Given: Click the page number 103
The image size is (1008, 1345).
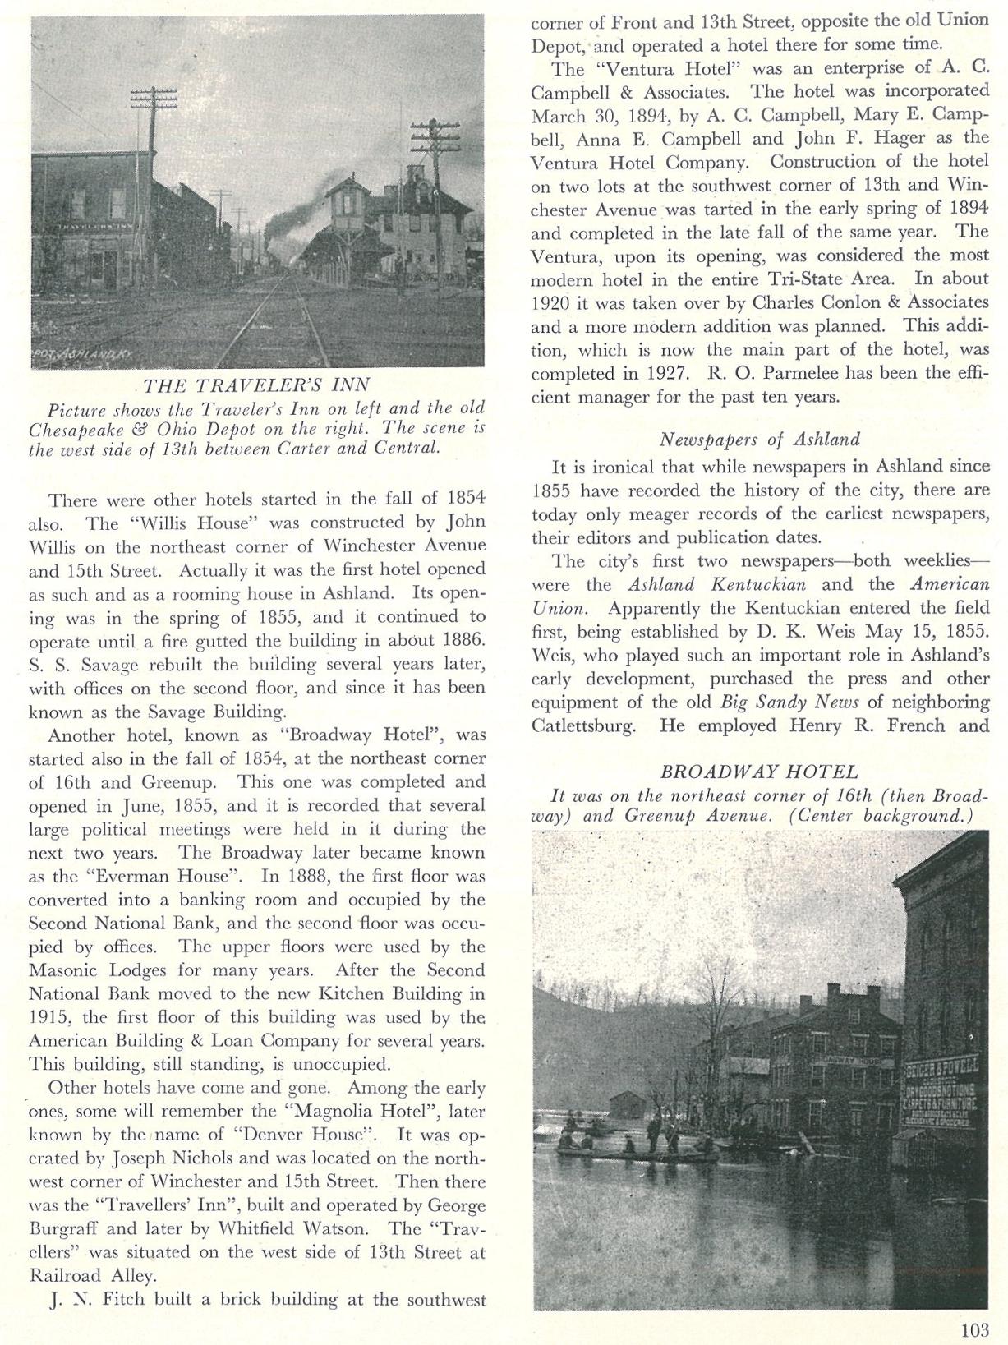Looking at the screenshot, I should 973,1329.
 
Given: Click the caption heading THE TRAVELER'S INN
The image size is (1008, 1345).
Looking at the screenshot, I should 256,385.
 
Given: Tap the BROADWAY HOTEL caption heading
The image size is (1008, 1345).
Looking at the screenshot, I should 759,772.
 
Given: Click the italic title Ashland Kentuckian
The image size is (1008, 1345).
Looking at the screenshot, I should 717,585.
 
